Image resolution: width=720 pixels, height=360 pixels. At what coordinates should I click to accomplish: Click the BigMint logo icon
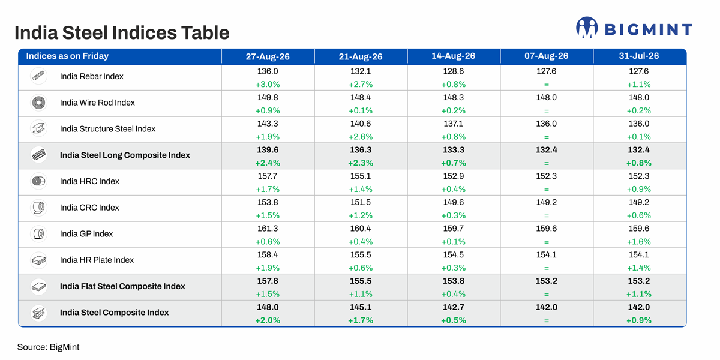pyautogui.click(x=587, y=28)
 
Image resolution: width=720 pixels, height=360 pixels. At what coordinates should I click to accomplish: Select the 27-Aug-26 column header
pyautogui.click(x=268, y=56)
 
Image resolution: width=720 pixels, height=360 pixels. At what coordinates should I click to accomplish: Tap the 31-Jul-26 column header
pyautogui.click(x=639, y=56)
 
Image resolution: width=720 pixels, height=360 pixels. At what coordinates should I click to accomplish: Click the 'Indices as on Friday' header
pyautogui.click(x=67, y=56)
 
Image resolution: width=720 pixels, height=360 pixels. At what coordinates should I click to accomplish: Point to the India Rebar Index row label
pyautogui.click(x=92, y=76)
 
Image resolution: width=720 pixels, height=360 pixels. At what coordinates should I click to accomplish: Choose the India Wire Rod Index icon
pyautogui.click(x=38, y=103)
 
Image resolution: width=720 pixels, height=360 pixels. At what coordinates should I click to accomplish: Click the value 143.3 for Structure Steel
pyautogui.click(x=268, y=124)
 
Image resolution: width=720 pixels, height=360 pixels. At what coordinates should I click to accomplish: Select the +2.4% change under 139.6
pyautogui.click(x=268, y=163)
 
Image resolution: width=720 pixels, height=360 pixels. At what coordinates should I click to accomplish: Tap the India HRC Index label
pyautogui.click(x=89, y=181)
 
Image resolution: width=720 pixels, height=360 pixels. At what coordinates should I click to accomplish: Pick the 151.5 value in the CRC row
pyautogui.click(x=361, y=203)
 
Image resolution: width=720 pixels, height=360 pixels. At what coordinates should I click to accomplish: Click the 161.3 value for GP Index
pyautogui.click(x=268, y=229)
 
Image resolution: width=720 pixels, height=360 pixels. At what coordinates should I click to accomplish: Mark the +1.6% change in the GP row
pyautogui.click(x=639, y=242)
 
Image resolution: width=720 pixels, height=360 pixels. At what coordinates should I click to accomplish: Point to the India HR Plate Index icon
pyautogui.click(x=38, y=260)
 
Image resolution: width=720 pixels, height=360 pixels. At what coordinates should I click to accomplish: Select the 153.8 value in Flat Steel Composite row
pyautogui.click(x=454, y=281)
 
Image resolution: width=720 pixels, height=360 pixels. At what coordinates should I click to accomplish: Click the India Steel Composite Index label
pyautogui.click(x=114, y=313)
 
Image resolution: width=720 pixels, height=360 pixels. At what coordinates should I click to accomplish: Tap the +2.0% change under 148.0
pyautogui.click(x=268, y=320)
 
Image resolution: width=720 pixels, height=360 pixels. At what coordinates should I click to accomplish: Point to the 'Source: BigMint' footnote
pyautogui.click(x=48, y=347)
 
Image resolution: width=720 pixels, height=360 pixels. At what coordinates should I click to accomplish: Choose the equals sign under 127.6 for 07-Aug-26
pyautogui.click(x=547, y=85)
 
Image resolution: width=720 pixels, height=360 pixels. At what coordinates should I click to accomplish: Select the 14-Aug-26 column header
pyautogui.click(x=454, y=56)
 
